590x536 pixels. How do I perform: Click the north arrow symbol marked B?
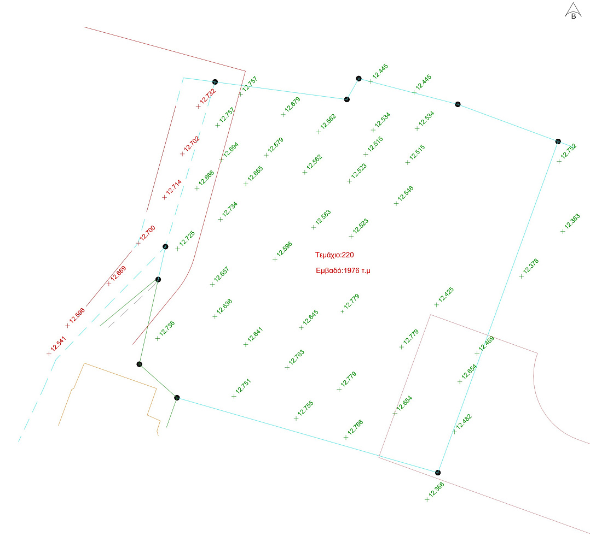pyautogui.click(x=573, y=11)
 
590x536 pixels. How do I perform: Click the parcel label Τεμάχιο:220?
pyautogui.click(x=334, y=255)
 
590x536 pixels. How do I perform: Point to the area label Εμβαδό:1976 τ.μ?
pyautogui.click(x=343, y=270)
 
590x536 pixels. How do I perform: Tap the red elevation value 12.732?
pyautogui.click(x=208, y=96)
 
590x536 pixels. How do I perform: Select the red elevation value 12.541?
pyautogui.click(x=59, y=344)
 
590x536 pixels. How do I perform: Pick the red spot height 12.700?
pyautogui.click(x=148, y=233)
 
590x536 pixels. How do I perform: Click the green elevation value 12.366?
pyautogui.click(x=437, y=490)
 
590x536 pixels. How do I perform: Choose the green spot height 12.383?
pyautogui.click(x=572, y=221)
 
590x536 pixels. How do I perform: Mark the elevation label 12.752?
pyautogui.click(x=569, y=151)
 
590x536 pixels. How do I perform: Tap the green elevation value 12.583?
pyautogui.click(x=323, y=217)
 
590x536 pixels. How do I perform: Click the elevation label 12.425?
pyautogui.click(x=446, y=294)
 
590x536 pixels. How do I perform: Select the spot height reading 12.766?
pyautogui.click(x=355, y=427)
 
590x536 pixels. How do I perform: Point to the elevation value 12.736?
pyautogui.click(x=167, y=328)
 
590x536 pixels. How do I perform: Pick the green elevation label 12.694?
pyautogui.click(x=230, y=150)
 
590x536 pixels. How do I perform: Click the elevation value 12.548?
pyautogui.click(x=406, y=193)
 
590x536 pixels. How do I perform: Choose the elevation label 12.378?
pyautogui.click(x=530, y=266)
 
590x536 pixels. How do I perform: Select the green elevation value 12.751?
pyautogui.click(x=243, y=386)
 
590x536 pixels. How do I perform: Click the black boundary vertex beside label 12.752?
pyautogui.click(x=558, y=142)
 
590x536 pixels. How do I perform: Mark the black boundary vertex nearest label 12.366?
pyautogui.click(x=438, y=473)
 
